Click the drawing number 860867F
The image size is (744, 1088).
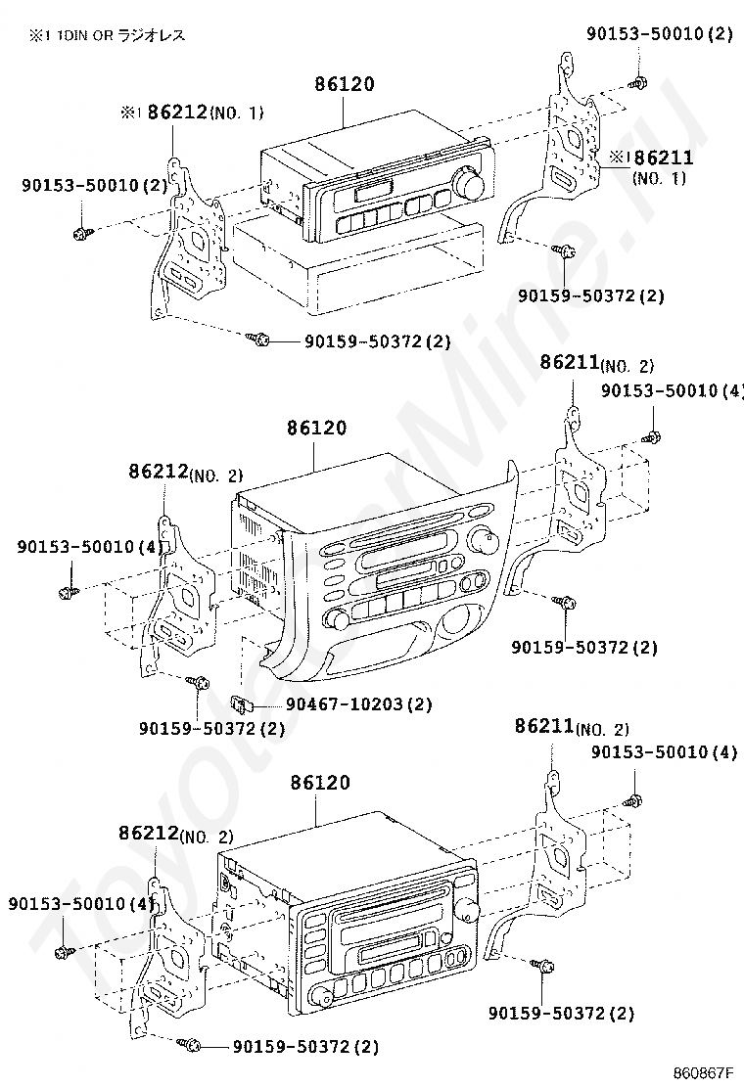702,1072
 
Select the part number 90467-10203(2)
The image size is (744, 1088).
359,705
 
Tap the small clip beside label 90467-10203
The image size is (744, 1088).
240,705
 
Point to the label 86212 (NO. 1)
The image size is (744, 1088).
193,112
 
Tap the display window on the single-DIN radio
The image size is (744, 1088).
373,190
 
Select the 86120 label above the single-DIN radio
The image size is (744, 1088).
345,84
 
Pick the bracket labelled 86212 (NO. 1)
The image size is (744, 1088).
189,240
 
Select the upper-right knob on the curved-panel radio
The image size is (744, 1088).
484,539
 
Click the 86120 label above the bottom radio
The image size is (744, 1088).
320,783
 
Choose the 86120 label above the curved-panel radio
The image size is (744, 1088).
316,428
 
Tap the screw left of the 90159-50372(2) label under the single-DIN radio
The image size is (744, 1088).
258,339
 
